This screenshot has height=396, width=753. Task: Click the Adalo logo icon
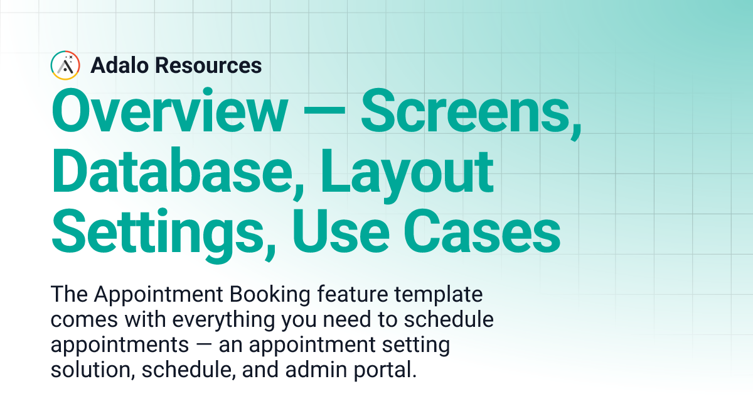pyautogui.click(x=65, y=65)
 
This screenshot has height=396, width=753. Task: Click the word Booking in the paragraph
pyautogui.click(x=274, y=294)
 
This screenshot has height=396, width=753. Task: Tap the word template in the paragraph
pyautogui.click(x=441, y=294)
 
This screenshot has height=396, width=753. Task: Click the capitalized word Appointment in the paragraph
pyautogui.click(x=156, y=294)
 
